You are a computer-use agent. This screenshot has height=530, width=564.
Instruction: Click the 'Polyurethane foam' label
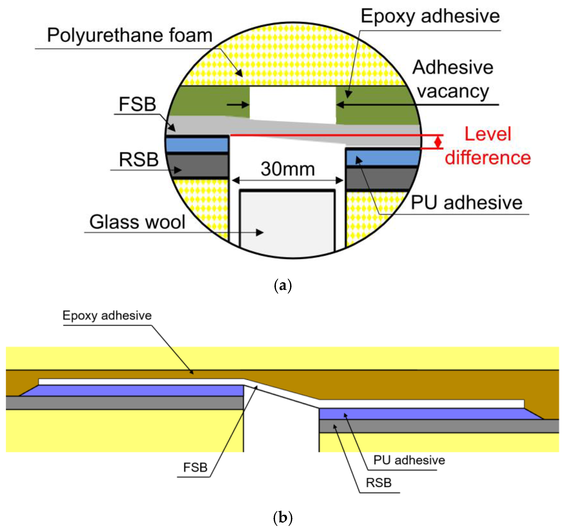click(130, 35)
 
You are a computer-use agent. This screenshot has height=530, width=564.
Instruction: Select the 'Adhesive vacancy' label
click(453, 79)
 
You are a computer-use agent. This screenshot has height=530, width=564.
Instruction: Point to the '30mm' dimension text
click(288, 169)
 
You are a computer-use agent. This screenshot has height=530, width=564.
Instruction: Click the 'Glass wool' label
click(137, 222)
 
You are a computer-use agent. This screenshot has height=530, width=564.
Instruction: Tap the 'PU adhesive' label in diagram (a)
click(467, 203)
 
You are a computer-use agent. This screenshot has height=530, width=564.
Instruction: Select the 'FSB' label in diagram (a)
click(137, 104)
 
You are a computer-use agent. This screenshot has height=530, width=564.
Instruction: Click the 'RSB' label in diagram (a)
click(138, 159)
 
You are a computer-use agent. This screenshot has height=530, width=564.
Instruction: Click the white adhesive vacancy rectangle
click(293, 104)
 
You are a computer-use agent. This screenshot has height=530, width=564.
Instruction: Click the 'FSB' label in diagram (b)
click(195, 467)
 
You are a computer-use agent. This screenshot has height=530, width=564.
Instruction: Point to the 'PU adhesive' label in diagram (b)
click(409, 460)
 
